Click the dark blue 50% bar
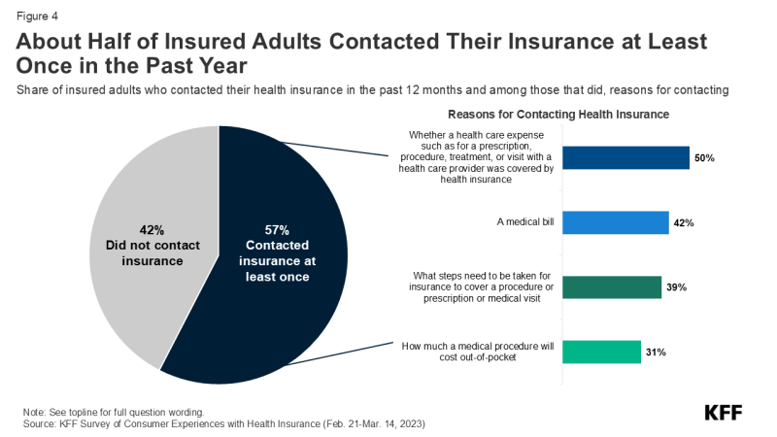tap(625, 158)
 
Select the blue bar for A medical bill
tap(616, 222)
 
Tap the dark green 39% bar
tap(612, 287)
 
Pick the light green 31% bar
tap(601, 352)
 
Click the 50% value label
tap(703, 158)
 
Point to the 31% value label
tap(655, 353)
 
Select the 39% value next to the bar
tap(675, 288)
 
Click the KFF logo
tap(724, 412)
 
